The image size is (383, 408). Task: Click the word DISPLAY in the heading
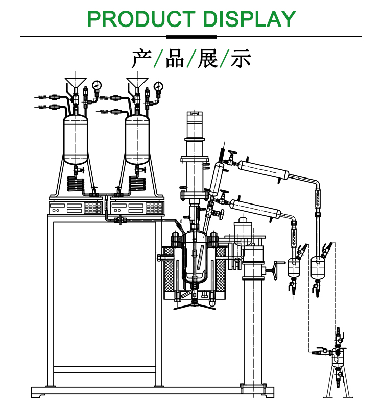[x=249, y=19]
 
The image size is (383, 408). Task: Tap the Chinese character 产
[x=141, y=59]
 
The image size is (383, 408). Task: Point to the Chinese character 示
[x=241, y=59]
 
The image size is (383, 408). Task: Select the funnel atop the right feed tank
[x=137, y=82]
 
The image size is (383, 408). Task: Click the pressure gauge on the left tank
[x=96, y=85]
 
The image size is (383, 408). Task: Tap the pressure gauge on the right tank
[x=158, y=85]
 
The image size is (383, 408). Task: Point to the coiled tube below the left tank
[x=76, y=183]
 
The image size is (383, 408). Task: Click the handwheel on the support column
[x=277, y=269]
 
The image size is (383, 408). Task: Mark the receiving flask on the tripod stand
[x=337, y=356]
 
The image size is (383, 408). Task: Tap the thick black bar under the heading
[x=192, y=37]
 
